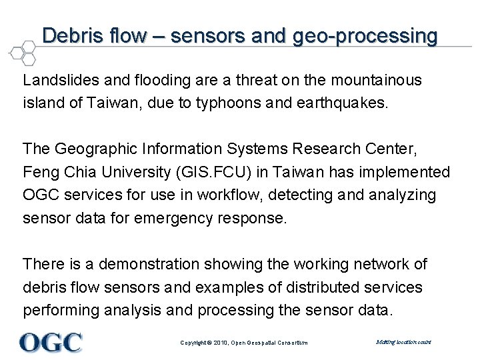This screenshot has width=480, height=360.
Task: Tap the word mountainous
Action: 377,81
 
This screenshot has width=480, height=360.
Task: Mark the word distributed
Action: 327,287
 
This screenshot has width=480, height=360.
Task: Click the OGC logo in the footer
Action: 51,342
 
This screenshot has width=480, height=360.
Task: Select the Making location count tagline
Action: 403,342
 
